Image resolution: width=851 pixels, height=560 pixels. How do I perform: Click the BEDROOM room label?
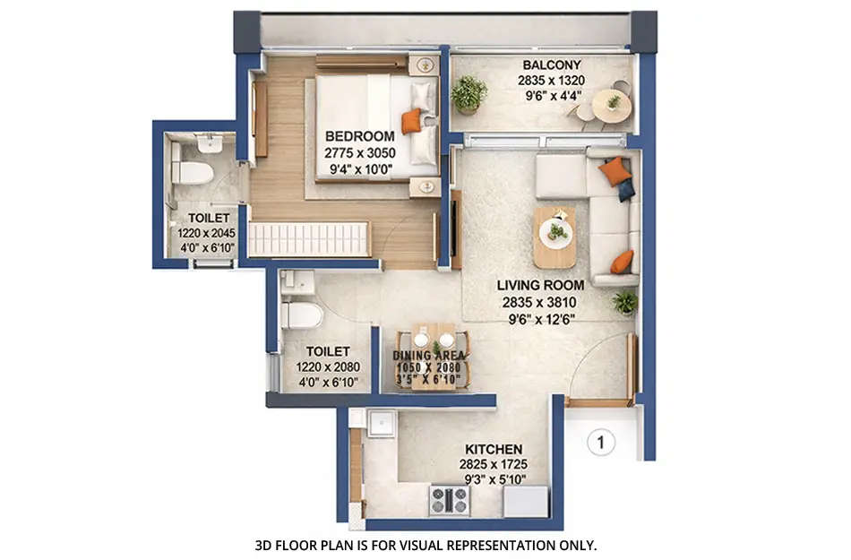coord(359,136)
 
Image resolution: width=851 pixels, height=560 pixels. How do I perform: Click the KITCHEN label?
coord(493,448)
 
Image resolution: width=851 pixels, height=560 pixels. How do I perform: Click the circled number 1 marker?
coord(601,442)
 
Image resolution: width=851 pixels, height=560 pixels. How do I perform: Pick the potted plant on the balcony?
coord(468,92)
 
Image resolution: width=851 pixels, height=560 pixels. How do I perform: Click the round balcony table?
coord(613,105)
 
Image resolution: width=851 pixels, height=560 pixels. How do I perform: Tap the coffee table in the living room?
coord(555,237)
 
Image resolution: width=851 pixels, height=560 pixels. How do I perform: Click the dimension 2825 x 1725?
coord(493,464)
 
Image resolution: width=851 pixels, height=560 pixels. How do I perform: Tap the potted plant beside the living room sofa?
coord(625,302)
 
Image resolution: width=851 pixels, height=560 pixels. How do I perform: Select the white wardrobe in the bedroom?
coord(308,240)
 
